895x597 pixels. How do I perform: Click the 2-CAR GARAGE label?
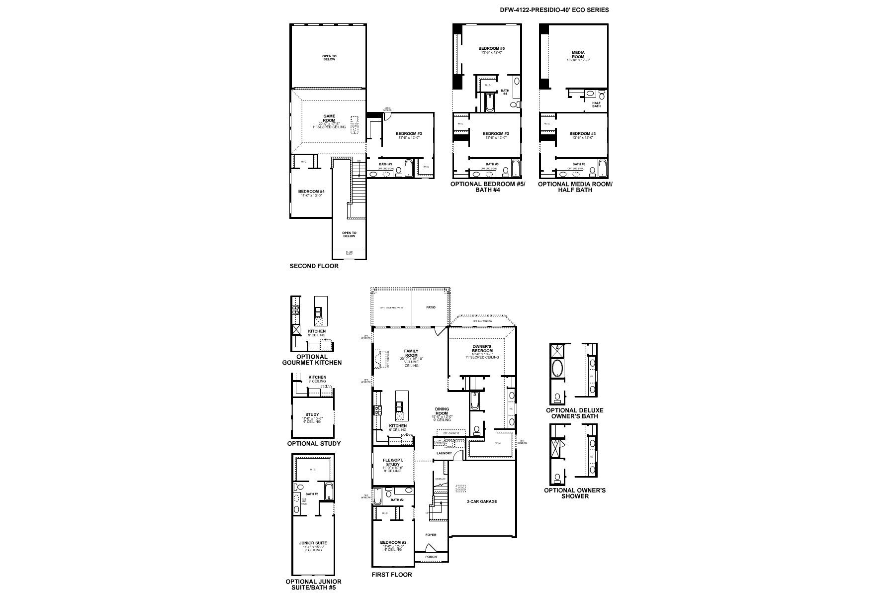click(x=481, y=501)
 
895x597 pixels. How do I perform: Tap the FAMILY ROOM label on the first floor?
click(x=411, y=354)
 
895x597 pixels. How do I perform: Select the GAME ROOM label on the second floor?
click(x=329, y=118)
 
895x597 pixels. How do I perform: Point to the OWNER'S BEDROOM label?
click(x=482, y=349)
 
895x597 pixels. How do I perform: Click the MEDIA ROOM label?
click(x=578, y=55)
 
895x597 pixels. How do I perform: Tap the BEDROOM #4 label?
click(x=311, y=192)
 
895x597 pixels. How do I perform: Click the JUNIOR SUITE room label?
click(x=313, y=543)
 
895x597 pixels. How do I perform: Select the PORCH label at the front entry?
click(x=431, y=557)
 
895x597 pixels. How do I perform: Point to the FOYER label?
click(x=431, y=535)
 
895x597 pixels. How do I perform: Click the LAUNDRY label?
click(x=444, y=453)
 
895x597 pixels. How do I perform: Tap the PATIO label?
click(x=431, y=307)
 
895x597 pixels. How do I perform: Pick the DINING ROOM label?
click(x=442, y=411)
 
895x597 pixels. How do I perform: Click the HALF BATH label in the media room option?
click(x=596, y=104)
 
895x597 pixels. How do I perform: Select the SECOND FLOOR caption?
click(x=314, y=266)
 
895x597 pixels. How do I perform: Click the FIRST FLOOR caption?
click(x=392, y=575)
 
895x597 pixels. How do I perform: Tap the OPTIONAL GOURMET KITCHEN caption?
click(x=312, y=360)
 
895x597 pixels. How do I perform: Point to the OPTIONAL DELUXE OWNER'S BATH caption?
click(x=574, y=413)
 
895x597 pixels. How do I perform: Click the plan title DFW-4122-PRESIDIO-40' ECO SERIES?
click(x=554, y=10)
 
